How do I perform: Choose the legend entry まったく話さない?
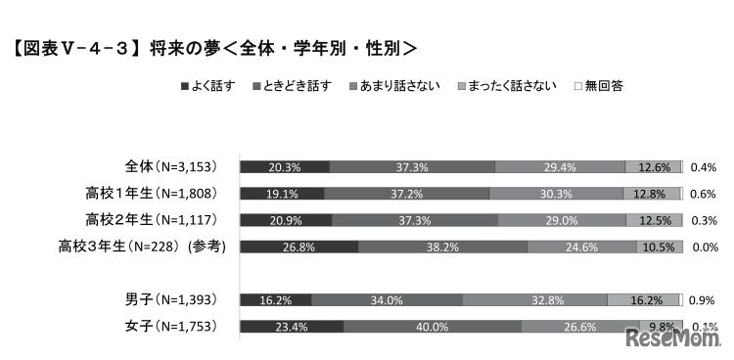click(x=507, y=86)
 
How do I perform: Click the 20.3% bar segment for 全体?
click(x=284, y=166)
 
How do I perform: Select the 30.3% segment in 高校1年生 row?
click(x=557, y=193)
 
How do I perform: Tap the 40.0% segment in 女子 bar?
click(x=432, y=326)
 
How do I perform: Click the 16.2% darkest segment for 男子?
click(x=275, y=299)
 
